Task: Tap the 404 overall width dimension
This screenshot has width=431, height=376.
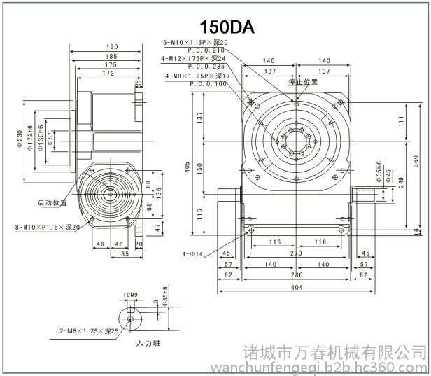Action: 298,288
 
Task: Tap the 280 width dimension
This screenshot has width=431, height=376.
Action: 297,276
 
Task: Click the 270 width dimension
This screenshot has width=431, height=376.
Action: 297,253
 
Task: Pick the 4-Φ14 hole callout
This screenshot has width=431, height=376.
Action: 192,254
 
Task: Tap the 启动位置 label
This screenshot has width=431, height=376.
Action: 52,202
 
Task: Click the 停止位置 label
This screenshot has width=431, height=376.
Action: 303,82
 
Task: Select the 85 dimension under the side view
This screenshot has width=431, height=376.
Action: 124,253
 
